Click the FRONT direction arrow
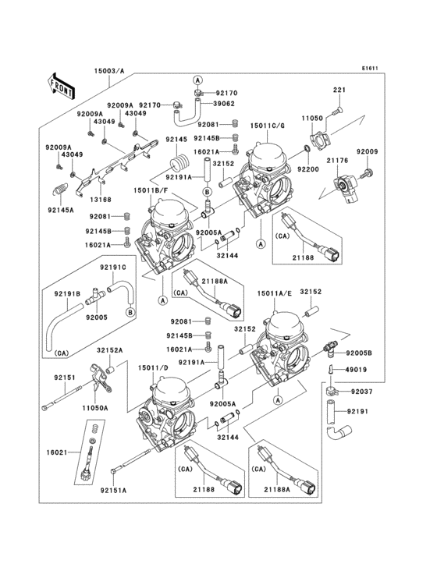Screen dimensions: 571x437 (61, 84)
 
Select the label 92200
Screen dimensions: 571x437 (307, 168)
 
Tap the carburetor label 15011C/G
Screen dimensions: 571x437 (268, 126)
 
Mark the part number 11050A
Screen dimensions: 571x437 (94, 406)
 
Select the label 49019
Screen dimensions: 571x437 (357, 370)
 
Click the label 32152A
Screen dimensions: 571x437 (109, 351)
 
